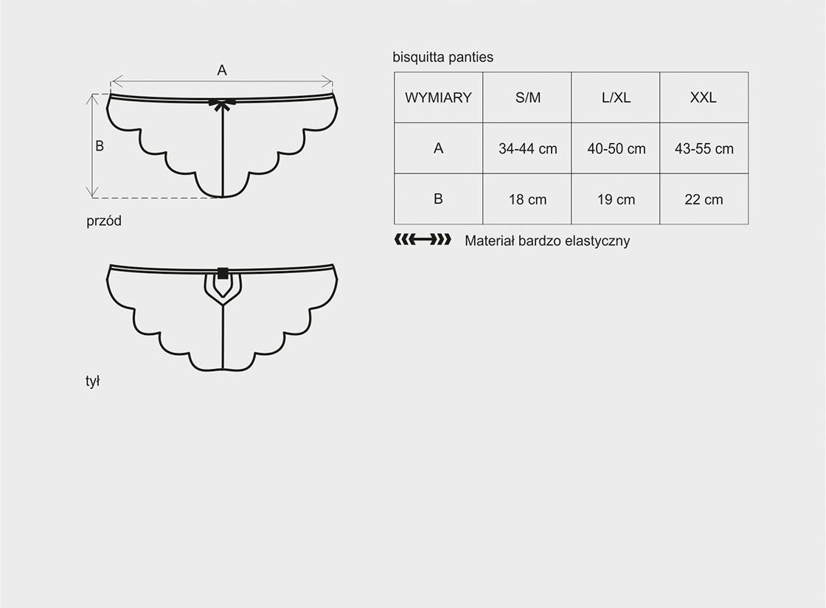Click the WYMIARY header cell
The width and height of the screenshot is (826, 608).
pyautogui.click(x=438, y=97)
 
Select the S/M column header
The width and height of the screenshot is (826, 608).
pyautogui.click(x=527, y=97)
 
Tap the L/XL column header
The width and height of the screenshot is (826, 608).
pyautogui.click(x=616, y=97)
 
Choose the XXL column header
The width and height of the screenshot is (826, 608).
pyautogui.click(x=704, y=97)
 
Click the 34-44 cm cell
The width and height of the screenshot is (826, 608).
pyautogui.click(x=527, y=148)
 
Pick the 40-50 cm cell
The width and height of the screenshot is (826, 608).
pyautogui.click(x=616, y=148)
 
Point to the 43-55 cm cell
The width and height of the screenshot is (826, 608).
pyautogui.click(x=704, y=148)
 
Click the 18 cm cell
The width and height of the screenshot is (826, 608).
pyautogui.click(x=527, y=199)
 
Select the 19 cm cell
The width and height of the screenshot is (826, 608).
pyautogui.click(x=616, y=199)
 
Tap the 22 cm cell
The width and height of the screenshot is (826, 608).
pyautogui.click(x=704, y=199)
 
